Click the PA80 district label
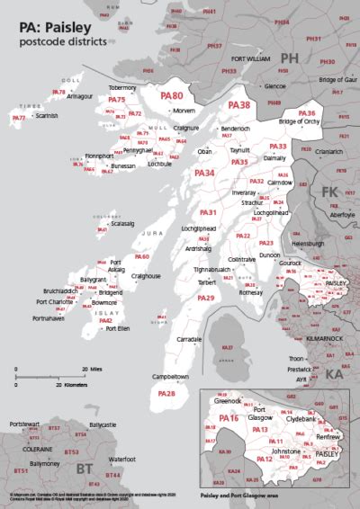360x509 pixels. tap(172, 95)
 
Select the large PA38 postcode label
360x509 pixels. tap(239, 105)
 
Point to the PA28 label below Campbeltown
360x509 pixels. tap(166, 394)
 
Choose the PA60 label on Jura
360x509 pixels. tap(141, 257)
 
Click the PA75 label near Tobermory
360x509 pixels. tap(116, 100)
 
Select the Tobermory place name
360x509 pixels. tap(122, 87)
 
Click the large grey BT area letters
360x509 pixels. tap(85, 468)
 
